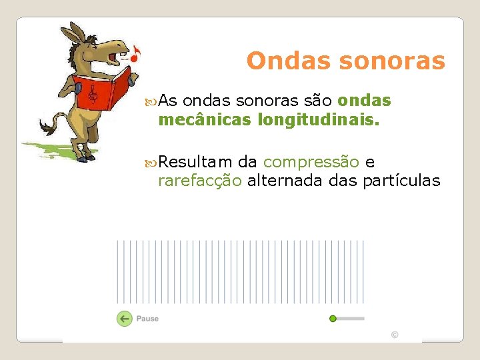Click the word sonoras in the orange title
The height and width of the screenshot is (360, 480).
[392, 61]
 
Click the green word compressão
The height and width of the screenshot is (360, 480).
[311, 162]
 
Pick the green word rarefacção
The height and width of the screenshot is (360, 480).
[200, 181]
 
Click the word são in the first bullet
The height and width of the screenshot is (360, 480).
[317, 101]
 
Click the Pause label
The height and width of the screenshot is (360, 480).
[147, 319]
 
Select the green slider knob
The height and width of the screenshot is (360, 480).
[333, 319]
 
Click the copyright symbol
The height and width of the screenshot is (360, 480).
[395, 335]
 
